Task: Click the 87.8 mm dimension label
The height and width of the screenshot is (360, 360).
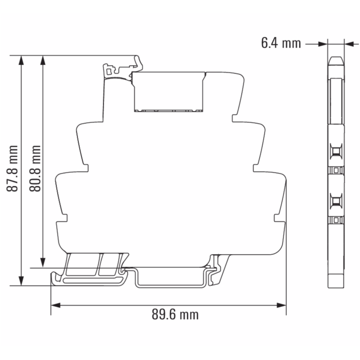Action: pos(15,168)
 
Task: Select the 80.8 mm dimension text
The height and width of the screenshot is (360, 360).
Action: pos(36,168)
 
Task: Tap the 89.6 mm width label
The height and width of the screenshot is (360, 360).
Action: pos(175,314)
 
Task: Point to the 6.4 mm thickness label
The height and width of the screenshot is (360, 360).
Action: pos(280,43)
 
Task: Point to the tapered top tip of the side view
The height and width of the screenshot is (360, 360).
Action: pos(335,60)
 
